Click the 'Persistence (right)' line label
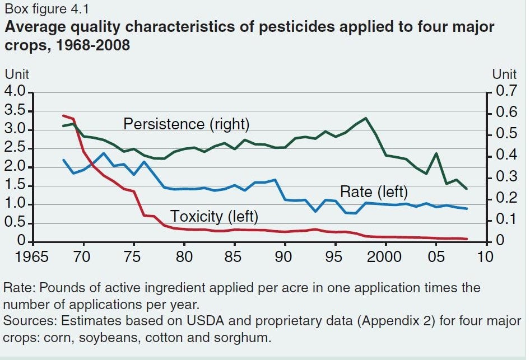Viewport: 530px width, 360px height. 187,124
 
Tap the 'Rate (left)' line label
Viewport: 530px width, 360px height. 374,192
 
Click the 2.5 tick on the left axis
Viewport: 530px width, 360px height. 15,148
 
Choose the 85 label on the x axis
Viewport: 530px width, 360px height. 234,256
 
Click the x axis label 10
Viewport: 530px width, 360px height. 486,256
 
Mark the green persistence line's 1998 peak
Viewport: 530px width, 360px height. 365,118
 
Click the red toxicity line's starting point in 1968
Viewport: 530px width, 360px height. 63,115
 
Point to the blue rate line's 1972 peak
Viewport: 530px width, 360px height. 104,153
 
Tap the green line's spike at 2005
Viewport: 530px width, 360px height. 436,153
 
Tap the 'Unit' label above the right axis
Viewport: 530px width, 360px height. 504,74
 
